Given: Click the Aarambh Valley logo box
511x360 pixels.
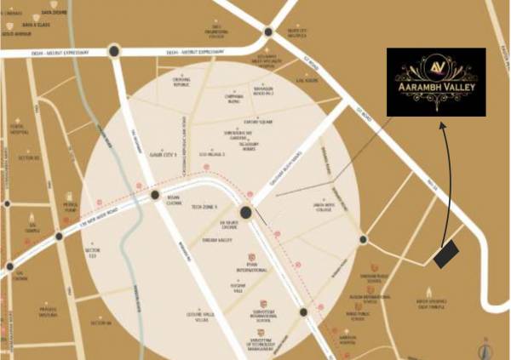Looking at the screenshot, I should tap(435, 82).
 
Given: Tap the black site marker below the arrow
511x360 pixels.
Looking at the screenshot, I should tap(446, 254).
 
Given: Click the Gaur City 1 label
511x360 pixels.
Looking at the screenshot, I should tap(162, 156).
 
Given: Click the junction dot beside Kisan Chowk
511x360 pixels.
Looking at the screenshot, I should tap(155, 196).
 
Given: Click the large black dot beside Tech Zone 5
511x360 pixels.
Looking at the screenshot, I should tap(245, 213).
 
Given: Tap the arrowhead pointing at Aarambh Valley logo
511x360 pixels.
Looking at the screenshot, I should tap(442, 125).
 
